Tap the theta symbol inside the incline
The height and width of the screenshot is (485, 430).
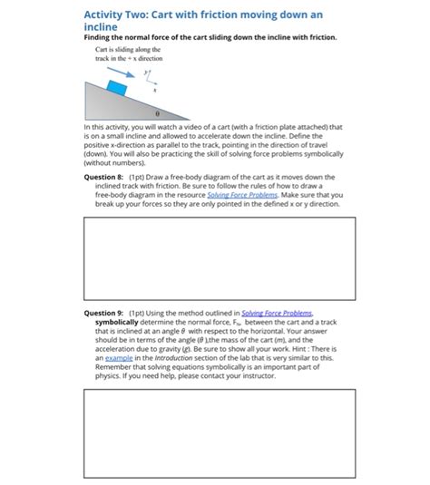pos(158,115)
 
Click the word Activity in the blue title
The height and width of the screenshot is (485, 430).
pos(106,15)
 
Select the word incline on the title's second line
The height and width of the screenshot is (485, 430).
pos(101,27)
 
